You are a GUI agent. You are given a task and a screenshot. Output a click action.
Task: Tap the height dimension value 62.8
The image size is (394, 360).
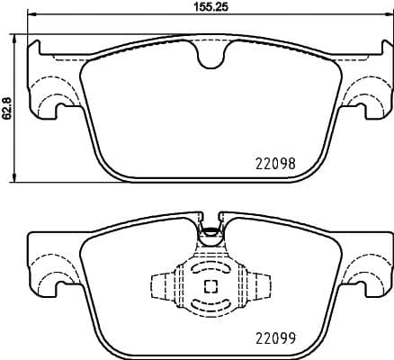tap(7, 107)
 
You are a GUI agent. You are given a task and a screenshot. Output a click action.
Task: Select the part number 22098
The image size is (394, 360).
tap(276, 166)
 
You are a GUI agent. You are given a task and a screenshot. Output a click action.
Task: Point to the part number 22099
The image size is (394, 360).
tap(276, 341)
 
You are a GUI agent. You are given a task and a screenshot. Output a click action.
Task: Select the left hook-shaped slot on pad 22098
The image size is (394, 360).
tap(61, 111)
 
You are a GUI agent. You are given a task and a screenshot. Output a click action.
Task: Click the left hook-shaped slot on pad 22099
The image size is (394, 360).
tap(61, 287)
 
